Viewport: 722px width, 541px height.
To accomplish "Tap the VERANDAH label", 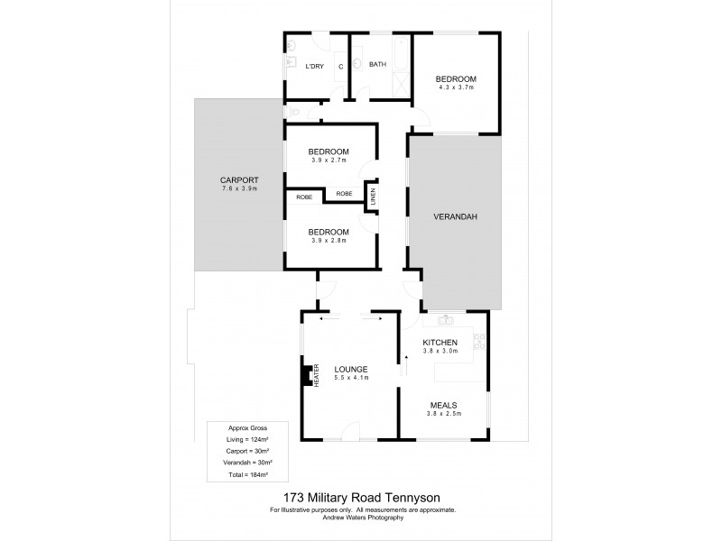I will pyautogui.click(x=455, y=217).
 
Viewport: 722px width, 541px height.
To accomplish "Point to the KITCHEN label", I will pyautogui.click(x=441, y=343).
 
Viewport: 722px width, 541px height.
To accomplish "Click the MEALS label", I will pyautogui.click(x=442, y=405).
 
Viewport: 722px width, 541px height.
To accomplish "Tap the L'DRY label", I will pyautogui.click(x=314, y=66).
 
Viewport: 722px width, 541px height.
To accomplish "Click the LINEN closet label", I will pyautogui.click(x=371, y=197).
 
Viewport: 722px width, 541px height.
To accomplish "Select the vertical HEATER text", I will pyautogui.click(x=317, y=374).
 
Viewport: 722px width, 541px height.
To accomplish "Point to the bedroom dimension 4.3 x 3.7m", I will pyautogui.click(x=455, y=88).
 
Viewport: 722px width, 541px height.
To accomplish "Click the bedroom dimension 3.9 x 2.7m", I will pyautogui.click(x=329, y=160).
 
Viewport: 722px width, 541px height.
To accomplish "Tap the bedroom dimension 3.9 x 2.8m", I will pyautogui.click(x=329, y=241).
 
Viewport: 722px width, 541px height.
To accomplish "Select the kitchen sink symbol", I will pyautogui.click(x=445, y=320).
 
